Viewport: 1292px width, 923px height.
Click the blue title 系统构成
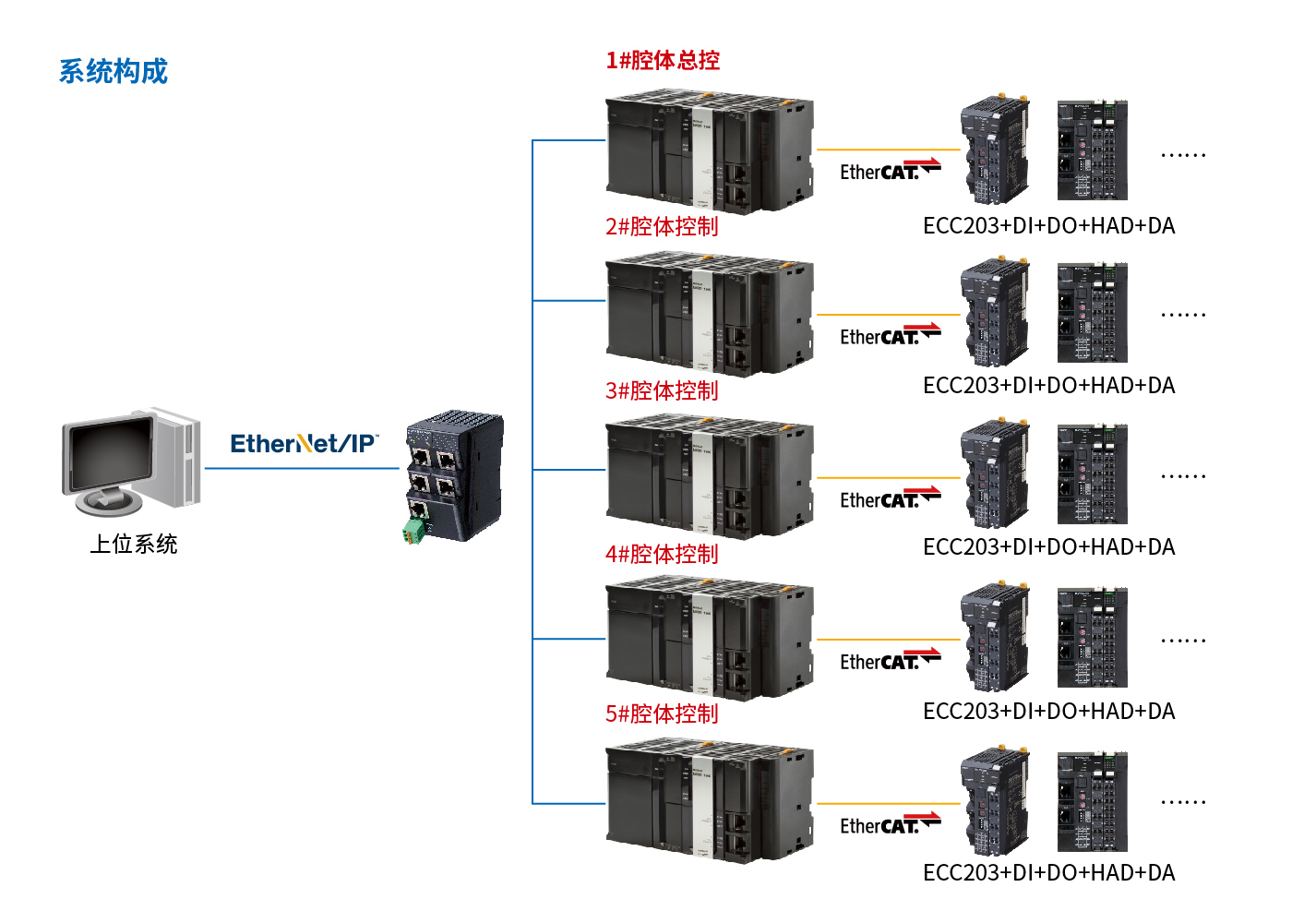click(x=114, y=71)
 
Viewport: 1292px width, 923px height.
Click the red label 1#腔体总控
click(x=663, y=61)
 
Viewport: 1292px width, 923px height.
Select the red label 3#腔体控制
click(x=662, y=391)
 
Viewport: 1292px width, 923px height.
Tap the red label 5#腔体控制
click(x=662, y=714)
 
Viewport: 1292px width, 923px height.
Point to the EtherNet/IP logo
click(x=304, y=444)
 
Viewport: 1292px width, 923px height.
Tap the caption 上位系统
click(x=134, y=545)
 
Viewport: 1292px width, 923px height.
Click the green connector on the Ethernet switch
click(x=413, y=531)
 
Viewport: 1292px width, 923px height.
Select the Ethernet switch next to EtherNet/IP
click(x=455, y=475)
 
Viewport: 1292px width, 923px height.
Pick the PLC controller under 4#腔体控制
click(x=709, y=638)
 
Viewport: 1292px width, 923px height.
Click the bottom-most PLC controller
click(x=709, y=802)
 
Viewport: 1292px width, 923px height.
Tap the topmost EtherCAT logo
click(x=889, y=171)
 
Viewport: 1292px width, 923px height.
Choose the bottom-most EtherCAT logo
click(x=889, y=824)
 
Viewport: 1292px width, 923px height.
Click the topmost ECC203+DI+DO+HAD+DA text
click(x=1048, y=226)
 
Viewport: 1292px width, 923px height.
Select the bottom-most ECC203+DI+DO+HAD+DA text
click(x=1048, y=873)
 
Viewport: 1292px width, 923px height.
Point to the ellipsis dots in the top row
click(x=1183, y=155)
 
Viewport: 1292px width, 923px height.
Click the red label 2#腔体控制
click(x=662, y=227)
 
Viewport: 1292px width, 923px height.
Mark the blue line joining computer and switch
click(x=301, y=469)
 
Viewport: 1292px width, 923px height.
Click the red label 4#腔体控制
click(x=662, y=555)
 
